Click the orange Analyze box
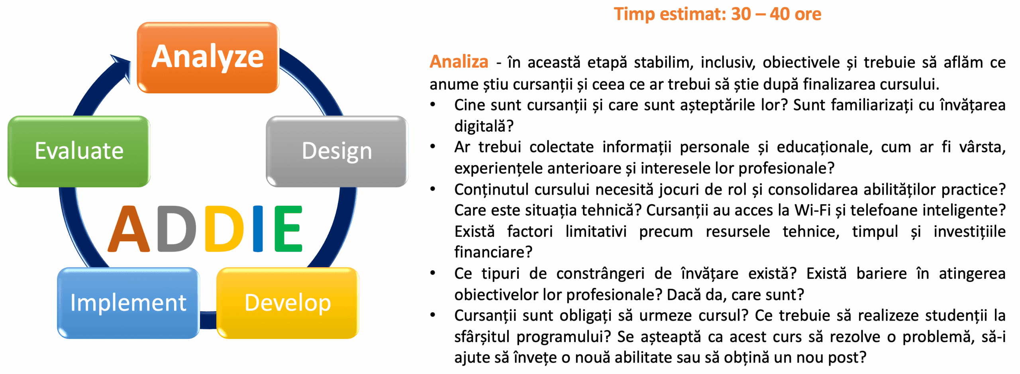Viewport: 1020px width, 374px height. [208, 57]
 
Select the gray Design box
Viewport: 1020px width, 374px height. [337, 151]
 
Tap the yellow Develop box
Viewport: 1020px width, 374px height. [288, 303]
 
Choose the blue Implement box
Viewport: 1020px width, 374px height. [128, 303]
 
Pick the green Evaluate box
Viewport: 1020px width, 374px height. [79, 151]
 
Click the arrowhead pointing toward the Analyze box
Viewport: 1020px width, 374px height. [122, 67]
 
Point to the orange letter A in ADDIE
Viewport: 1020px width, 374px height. [129, 229]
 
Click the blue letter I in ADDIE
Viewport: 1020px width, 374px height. [258, 229]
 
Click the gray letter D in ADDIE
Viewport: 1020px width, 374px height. [177, 229]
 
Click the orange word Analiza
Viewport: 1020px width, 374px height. [459, 62]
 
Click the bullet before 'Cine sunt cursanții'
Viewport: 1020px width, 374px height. [433, 105]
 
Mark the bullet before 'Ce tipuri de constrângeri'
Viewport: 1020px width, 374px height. [433, 273]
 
